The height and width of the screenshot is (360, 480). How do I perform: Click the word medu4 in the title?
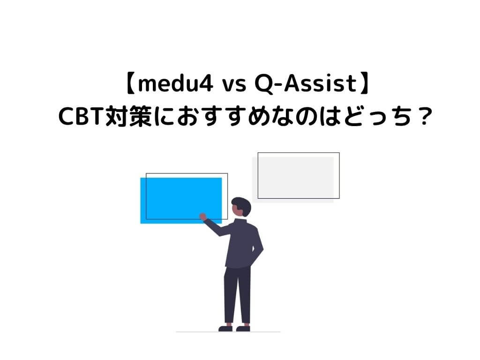pos(175,84)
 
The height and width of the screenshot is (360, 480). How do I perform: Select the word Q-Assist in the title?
pos(306,84)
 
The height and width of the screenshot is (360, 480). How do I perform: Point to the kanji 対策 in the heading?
pos(128,117)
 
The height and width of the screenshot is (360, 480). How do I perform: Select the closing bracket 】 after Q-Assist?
pos(364,84)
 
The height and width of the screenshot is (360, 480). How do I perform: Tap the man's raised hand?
pos(202,217)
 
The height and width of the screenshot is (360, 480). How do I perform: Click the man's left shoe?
pos(225,329)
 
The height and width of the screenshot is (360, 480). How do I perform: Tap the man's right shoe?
pos(243,329)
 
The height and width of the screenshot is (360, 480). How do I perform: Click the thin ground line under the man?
pos(228,332)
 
